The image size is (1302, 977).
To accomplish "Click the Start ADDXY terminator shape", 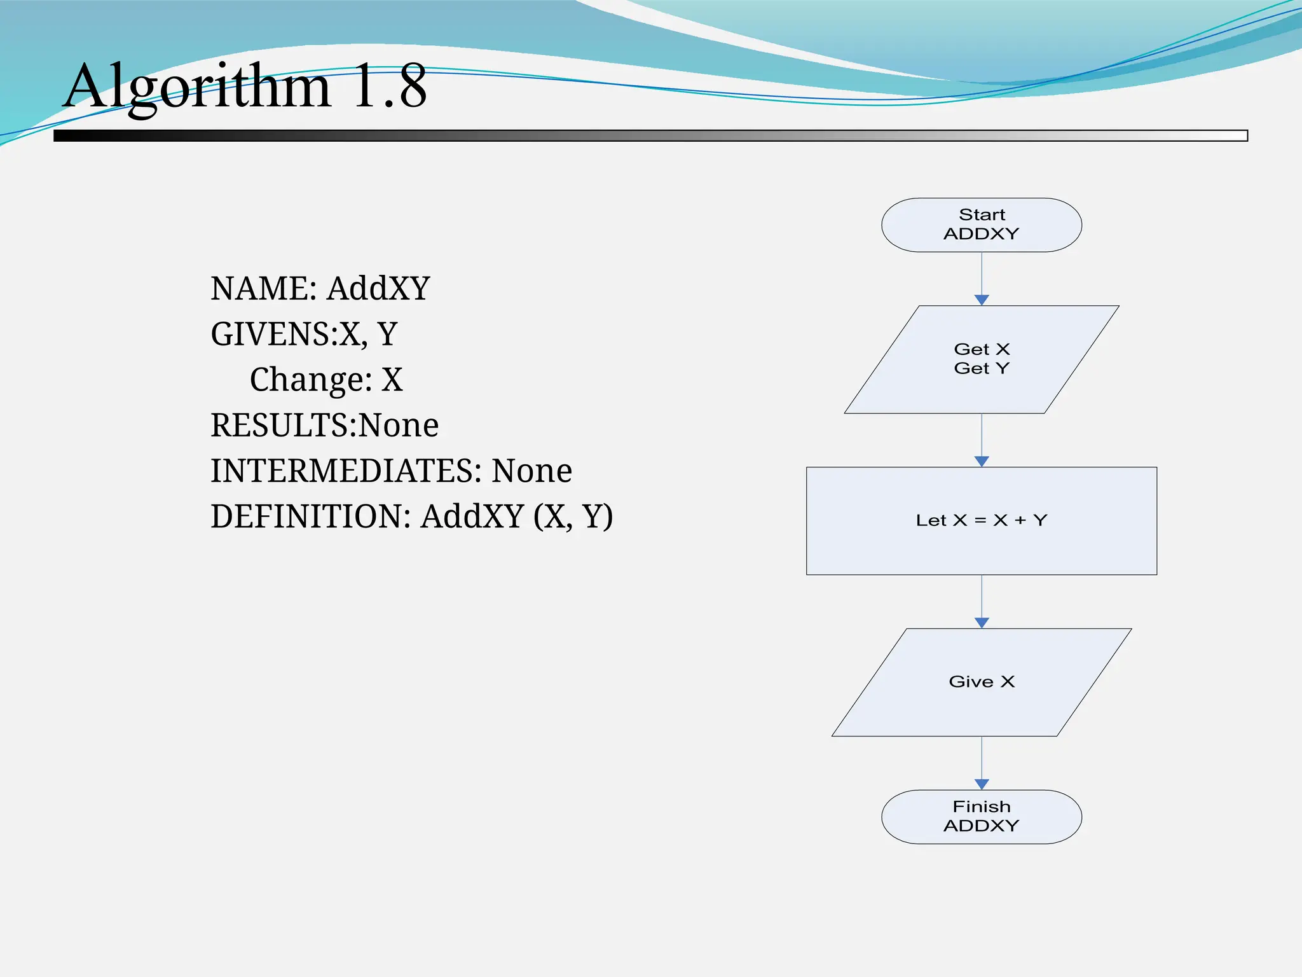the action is coord(981,225).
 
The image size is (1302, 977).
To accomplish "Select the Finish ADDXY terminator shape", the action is coord(981,817).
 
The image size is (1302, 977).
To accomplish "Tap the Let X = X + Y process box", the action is coord(981,521).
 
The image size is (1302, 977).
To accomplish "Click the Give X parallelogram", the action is coord(981,682).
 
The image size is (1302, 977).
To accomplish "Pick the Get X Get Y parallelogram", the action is coord(981,359).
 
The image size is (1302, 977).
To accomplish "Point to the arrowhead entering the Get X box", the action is coord(982,300).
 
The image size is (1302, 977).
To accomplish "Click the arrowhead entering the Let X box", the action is coord(982,462).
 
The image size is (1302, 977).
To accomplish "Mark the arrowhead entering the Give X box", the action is coord(982,623).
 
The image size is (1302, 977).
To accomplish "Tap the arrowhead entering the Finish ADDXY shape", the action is coord(982,785).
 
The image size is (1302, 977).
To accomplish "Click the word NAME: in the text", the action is coord(264,288).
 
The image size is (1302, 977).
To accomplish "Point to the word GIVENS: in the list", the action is coord(274,334).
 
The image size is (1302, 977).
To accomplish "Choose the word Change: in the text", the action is coord(311,380).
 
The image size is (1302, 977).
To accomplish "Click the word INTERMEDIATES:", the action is coord(346,471).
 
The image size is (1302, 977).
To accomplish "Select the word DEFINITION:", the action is coord(311,516).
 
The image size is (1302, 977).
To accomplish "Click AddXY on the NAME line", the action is coord(379,288).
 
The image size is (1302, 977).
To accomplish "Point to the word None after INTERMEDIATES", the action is coord(532,471).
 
